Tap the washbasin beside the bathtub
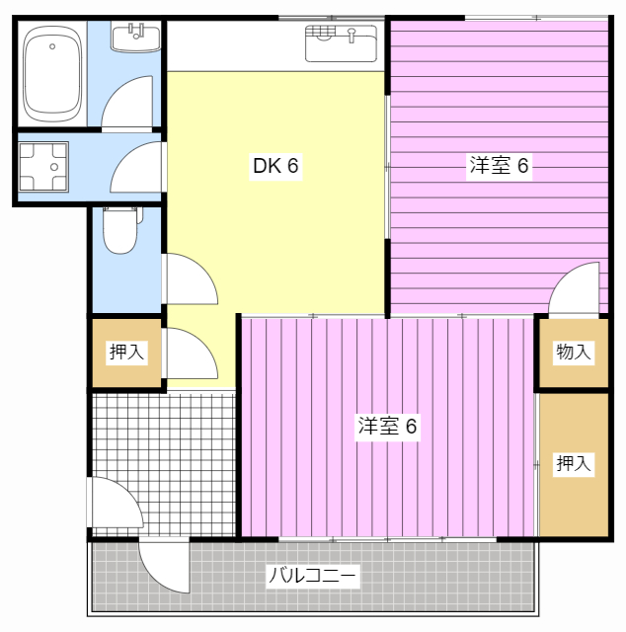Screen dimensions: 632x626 pos(135,39)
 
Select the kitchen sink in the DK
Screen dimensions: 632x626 pos(341,42)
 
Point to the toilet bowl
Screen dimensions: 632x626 pos(119,231)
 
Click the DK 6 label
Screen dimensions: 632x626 pos(275,166)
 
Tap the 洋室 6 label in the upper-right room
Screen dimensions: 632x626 pos(500,166)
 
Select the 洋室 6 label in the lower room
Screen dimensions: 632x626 pos(388,427)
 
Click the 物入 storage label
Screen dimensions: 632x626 pos(574,352)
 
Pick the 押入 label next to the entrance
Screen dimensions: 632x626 pos(126,352)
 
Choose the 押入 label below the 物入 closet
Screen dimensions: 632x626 pos(574,463)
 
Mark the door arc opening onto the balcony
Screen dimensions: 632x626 pos(163,566)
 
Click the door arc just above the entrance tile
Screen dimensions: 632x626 pos(191,354)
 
